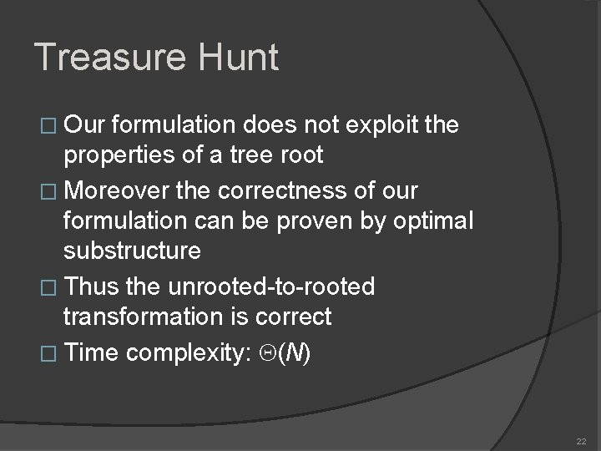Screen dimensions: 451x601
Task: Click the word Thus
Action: (x=91, y=286)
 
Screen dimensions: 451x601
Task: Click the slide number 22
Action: (x=581, y=440)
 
